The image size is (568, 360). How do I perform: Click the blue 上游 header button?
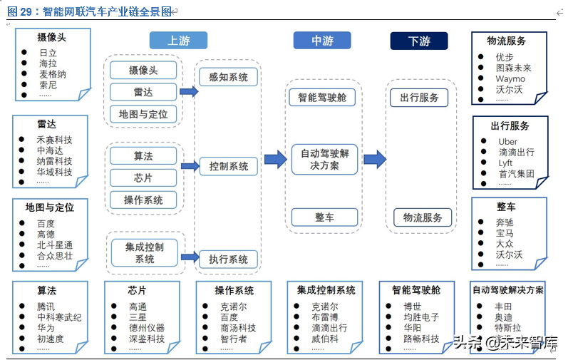pos(178,41)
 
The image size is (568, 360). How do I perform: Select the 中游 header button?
pos(322,41)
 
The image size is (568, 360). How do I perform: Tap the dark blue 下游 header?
pos(419,41)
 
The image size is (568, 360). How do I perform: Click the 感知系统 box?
pos(228,77)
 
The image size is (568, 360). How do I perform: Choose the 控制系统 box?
pos(229,166)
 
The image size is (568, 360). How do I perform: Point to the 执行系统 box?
pos(228,259)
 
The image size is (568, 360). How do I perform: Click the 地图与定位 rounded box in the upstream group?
pos(143,113)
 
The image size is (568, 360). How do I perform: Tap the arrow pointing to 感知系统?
pos(189,91)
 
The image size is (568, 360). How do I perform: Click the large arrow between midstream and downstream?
pos(375,159)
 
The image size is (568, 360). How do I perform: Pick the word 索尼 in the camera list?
pos(48,84)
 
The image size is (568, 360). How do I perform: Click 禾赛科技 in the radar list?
pos(54,140)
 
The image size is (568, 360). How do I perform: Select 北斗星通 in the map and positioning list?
pos(54,245)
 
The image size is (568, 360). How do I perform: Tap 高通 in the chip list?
pos(138,307)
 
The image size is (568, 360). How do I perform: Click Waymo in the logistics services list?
pos(510,79)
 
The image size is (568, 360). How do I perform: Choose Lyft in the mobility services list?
pos(505,163)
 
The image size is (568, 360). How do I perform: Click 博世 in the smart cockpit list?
pos(412,307)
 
